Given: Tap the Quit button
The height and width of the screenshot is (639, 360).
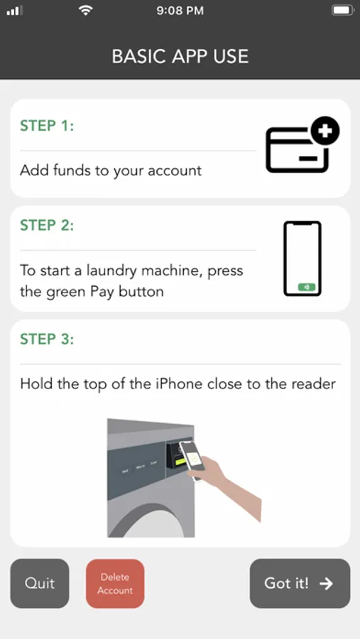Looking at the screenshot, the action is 40,583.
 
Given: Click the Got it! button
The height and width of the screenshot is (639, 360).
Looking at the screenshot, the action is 300,583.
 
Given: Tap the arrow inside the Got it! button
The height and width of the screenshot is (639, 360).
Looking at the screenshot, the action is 326,584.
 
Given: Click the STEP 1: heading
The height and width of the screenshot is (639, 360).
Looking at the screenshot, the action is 47,126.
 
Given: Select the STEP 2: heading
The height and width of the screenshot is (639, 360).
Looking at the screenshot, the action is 47,225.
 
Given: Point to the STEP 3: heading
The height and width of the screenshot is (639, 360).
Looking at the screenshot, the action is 47,339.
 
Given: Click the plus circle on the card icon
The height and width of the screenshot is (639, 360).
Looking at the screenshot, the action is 325,131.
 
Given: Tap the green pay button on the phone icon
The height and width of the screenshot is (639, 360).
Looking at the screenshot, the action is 307,288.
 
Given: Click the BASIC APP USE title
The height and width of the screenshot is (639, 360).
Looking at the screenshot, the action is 180,56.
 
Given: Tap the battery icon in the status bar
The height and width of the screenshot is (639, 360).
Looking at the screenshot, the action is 343,10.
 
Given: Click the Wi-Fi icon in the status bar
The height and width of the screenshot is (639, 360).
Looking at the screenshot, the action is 85,11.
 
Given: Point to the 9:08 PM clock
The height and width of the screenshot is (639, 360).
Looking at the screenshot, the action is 180,11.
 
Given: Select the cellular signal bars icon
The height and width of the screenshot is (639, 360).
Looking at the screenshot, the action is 15,11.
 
